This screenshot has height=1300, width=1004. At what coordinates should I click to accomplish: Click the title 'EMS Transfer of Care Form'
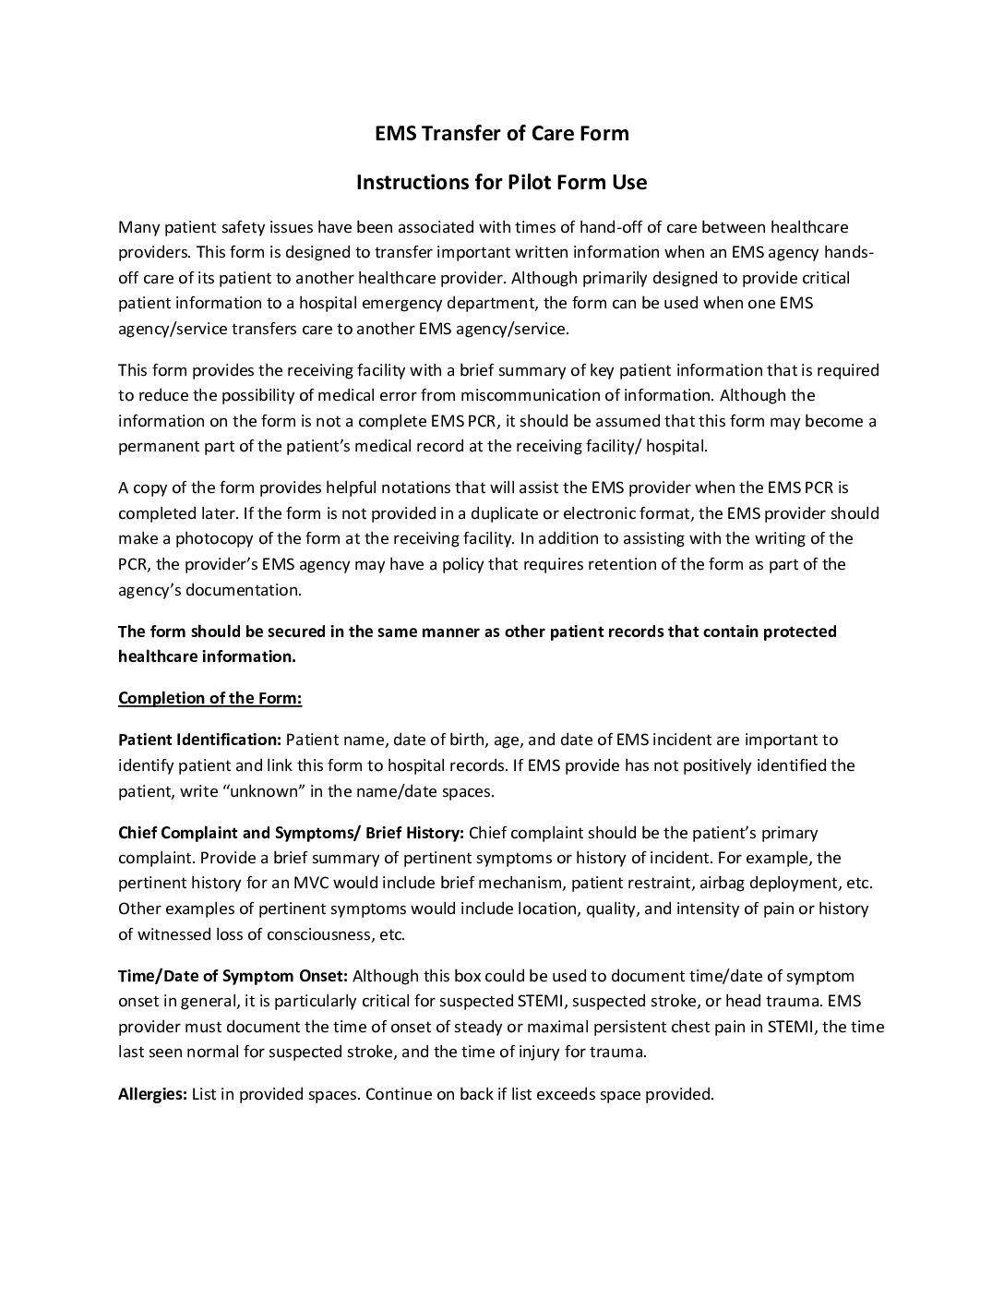coord(501,134)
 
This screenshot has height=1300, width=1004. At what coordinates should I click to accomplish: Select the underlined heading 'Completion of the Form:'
coord(209,698)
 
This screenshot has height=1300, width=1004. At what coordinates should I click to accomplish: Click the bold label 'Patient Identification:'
coord(199,740)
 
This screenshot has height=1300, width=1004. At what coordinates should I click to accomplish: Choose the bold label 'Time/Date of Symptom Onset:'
coord(233,976)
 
